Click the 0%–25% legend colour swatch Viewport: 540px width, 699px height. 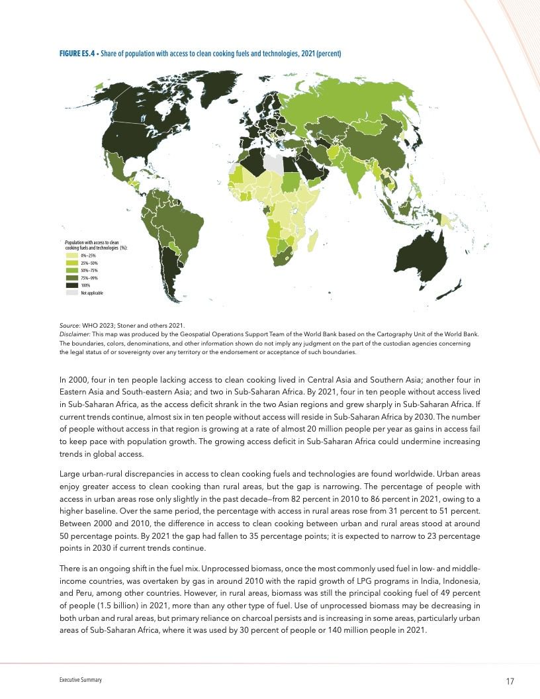[x=72, y=255]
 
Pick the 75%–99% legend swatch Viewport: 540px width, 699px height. [x=72, y=278]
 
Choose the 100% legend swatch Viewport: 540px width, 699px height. [x=72, y=285]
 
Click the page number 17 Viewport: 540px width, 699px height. [x=510, y=682]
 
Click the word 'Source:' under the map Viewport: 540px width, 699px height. [x=69, y=325]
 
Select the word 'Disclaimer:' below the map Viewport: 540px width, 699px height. [x=73, y=334]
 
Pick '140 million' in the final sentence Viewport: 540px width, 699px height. [x=357, y=629]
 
